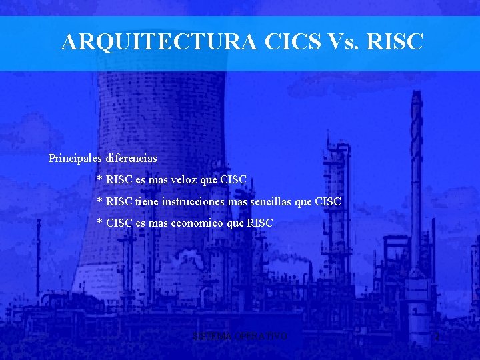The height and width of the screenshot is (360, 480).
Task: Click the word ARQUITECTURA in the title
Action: [159, 42]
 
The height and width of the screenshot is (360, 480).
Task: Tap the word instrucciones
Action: [193, 201]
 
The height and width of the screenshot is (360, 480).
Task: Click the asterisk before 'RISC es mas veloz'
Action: [100, 180]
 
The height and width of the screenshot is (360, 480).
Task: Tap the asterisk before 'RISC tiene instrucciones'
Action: [100, 201]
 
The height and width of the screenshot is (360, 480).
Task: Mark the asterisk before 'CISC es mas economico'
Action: [100, 223]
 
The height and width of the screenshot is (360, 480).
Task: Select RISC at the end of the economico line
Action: [260, 223]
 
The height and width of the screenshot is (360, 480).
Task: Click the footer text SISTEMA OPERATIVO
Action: [239, 337]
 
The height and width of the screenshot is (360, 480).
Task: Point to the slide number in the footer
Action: [437, 338]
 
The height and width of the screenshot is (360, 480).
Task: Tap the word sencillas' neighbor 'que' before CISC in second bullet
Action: [303, 201]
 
